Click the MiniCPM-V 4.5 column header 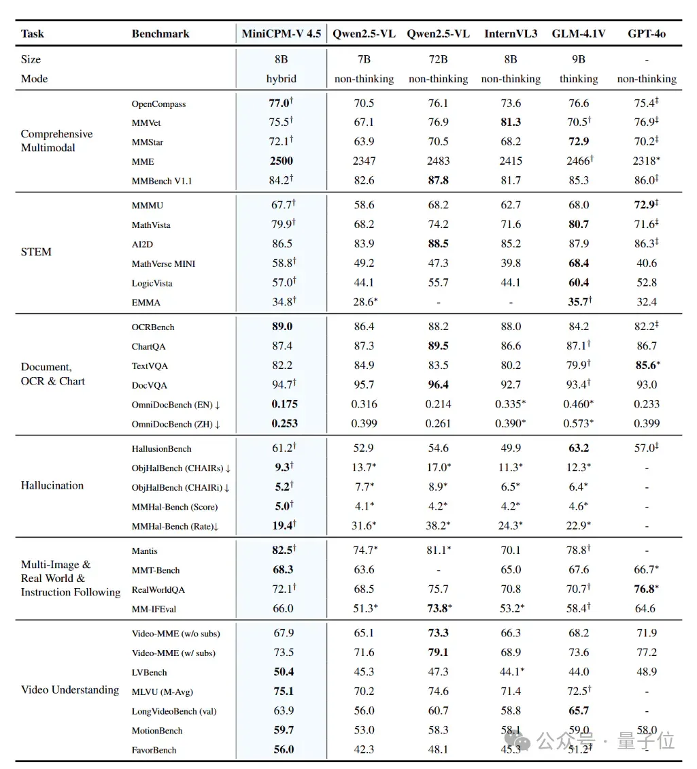[282, 34]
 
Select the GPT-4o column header [647, 34]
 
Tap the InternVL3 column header [511, 34]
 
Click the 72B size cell [438, 59]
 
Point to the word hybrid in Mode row [282, 79]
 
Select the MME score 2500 [282, 161]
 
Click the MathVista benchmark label [151, 225]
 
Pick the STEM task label [36, 252]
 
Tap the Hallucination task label [52, 485]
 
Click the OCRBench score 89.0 [282, 327]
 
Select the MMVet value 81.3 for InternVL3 [511, 122]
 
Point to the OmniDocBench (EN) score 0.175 [285, 404]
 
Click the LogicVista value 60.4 [579, 282]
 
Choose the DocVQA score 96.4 [438, 384]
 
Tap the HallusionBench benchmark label [161, 448]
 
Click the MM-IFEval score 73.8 [438, 608]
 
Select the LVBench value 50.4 [284, 672]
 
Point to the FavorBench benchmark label [154, 750]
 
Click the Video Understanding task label [69, 690]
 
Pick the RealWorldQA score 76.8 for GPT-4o [646, 589]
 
